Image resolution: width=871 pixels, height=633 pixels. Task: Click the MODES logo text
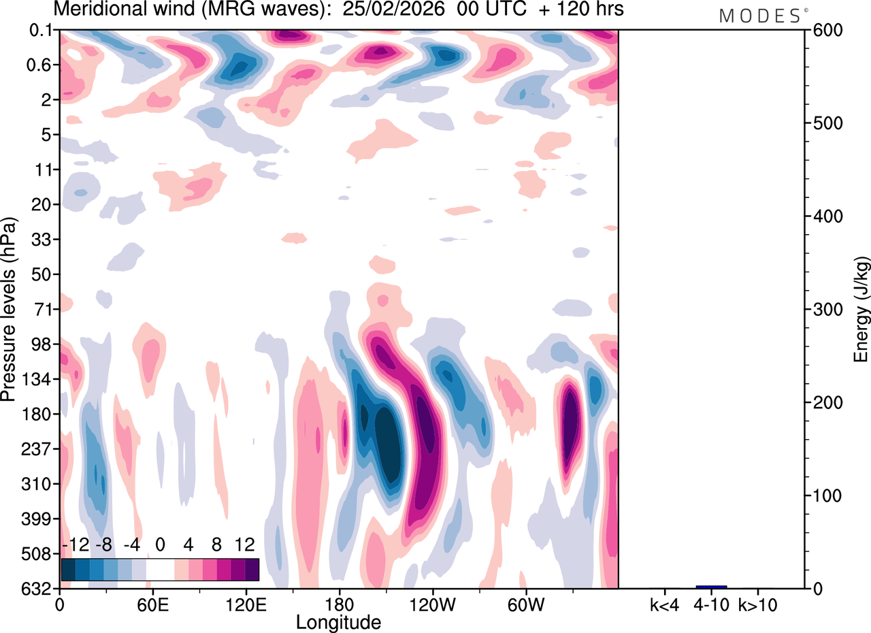pos(760,16)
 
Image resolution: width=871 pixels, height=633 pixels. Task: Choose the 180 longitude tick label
pos(339,604)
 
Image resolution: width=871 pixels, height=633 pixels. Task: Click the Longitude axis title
pos(338,621)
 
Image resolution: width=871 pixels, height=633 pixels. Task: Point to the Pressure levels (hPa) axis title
pos(9,310)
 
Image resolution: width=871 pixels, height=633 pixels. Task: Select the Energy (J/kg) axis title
pos(861,310)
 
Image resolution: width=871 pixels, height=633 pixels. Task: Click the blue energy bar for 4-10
pos(711,587)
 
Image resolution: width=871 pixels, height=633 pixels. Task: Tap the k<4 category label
pos(663,604)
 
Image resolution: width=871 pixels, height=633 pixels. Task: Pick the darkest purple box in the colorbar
pos(252,569)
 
